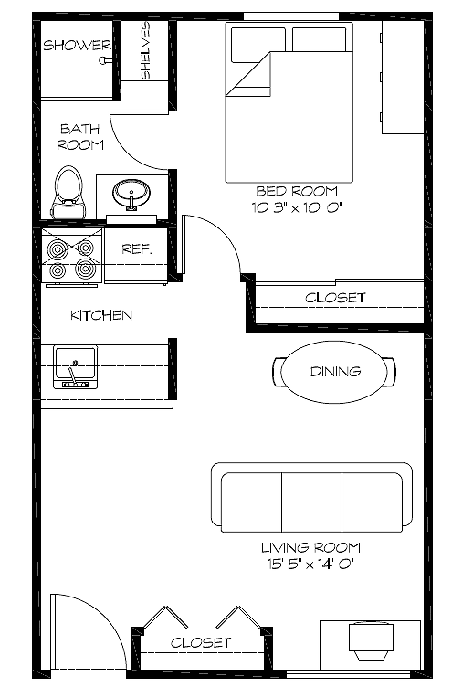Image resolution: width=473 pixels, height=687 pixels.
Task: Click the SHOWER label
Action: pyautogui.click(x=77, y=45)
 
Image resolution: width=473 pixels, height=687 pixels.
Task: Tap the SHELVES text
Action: pyautogui.click(x=145, y=50)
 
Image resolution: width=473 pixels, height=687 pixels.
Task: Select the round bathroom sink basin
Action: pyautogui.click(x=131, y=194)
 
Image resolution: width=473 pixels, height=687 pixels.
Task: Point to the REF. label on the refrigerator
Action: pyautogui.click(x=137, y=248)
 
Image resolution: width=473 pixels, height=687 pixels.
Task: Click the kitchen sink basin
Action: pyautogui.click(x=75, y=367)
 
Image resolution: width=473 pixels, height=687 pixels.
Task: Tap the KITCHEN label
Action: pyautogui.click(x=101, y=315)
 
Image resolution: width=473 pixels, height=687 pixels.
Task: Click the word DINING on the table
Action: pyautogui.click(x=335, y=372)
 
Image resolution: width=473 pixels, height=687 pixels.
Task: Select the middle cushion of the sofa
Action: pyautogui.click(x=311, y=502)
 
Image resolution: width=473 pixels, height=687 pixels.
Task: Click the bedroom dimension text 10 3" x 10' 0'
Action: pyautogui.click(x=296, y=207)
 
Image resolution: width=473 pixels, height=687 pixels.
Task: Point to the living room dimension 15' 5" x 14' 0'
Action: pyautogui.click(x=310, y=564)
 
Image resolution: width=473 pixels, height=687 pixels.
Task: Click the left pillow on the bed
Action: pyautogui.click(x=258, y=45)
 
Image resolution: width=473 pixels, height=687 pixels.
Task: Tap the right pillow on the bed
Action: pyautogui.click(x=321, y=40)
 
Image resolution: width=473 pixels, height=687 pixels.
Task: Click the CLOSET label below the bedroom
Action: pyautogui.click(x=335, y=298)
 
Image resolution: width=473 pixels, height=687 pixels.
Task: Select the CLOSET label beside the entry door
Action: pyautogui.click(x=201, y=643)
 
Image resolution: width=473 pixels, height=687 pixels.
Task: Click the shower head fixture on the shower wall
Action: pyautogui.click(x=105, y=60)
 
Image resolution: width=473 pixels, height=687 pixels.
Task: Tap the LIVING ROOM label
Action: pyautogui.click(x=311, y=547)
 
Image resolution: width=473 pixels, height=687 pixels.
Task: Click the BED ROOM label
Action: pyautogui.click(x=297, y=191)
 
